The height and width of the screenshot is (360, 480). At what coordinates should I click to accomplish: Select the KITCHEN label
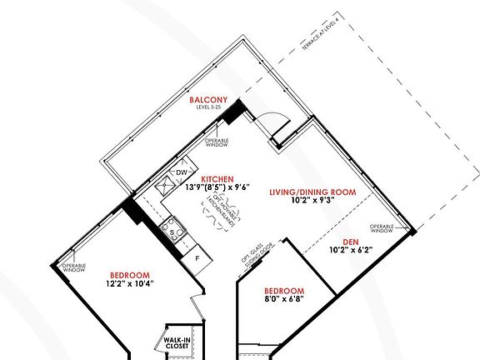pos(217,179)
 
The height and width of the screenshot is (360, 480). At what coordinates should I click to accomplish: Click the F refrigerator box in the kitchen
pos(197,258)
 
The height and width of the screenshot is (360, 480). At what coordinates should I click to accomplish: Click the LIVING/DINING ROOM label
pos(312,192)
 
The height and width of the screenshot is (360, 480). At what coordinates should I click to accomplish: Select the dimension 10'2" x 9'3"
pos(312,201)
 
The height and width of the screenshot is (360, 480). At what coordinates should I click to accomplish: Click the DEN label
pos(349,241)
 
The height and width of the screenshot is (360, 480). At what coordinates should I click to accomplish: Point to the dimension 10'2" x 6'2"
pos(349,249)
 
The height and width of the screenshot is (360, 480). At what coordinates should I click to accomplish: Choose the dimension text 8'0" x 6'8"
pos(283,298)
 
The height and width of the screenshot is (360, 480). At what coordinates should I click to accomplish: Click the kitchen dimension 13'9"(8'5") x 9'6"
pos(217,187)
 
